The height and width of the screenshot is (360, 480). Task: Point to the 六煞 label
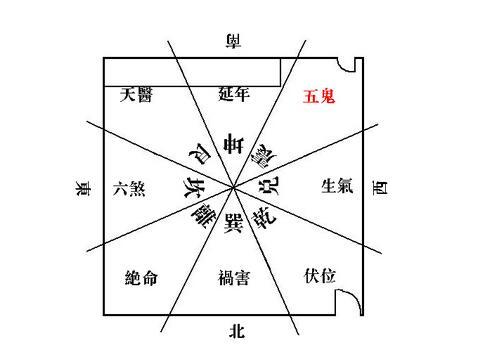pos(130,187)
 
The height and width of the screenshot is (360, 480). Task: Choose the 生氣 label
pos(336,186)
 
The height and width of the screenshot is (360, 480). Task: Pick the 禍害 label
pos(238,277)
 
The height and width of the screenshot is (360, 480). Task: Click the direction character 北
pos(237,329)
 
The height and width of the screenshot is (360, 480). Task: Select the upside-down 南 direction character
pos(235,40)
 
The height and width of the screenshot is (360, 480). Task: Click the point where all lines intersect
pos(235,186)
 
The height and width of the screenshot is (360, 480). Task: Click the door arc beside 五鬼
pos(349,65)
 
